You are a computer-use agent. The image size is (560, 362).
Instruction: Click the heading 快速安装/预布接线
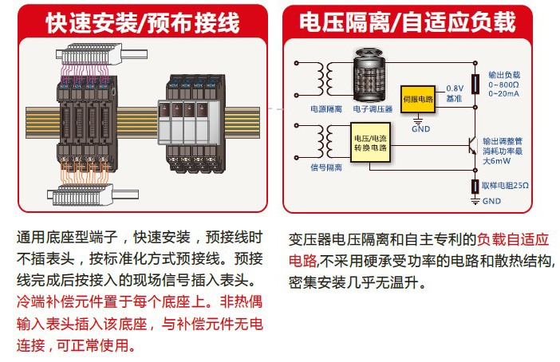tap(142, 22)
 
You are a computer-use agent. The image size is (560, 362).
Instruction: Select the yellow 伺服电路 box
tap(418, 100)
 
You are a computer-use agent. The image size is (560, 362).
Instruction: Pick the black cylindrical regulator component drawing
tap(373, 73)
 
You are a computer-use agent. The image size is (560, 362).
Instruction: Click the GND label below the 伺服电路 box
tap(420, 128)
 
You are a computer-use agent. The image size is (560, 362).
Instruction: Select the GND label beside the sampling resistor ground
tap(492, 201)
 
